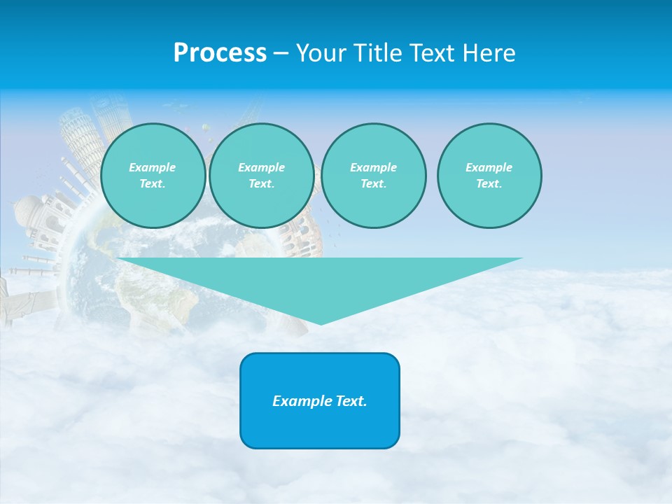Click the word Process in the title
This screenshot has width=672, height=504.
click(x=220, y=53)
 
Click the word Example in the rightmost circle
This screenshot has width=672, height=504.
click(x=489, y=167)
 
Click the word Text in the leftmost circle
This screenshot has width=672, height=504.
click(x=151, y=183)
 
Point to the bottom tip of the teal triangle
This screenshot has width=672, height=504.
click(x=321, y=323)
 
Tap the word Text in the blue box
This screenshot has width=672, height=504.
click(x=351, y=401)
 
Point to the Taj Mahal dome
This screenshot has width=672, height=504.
click(x=30, y=209)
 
